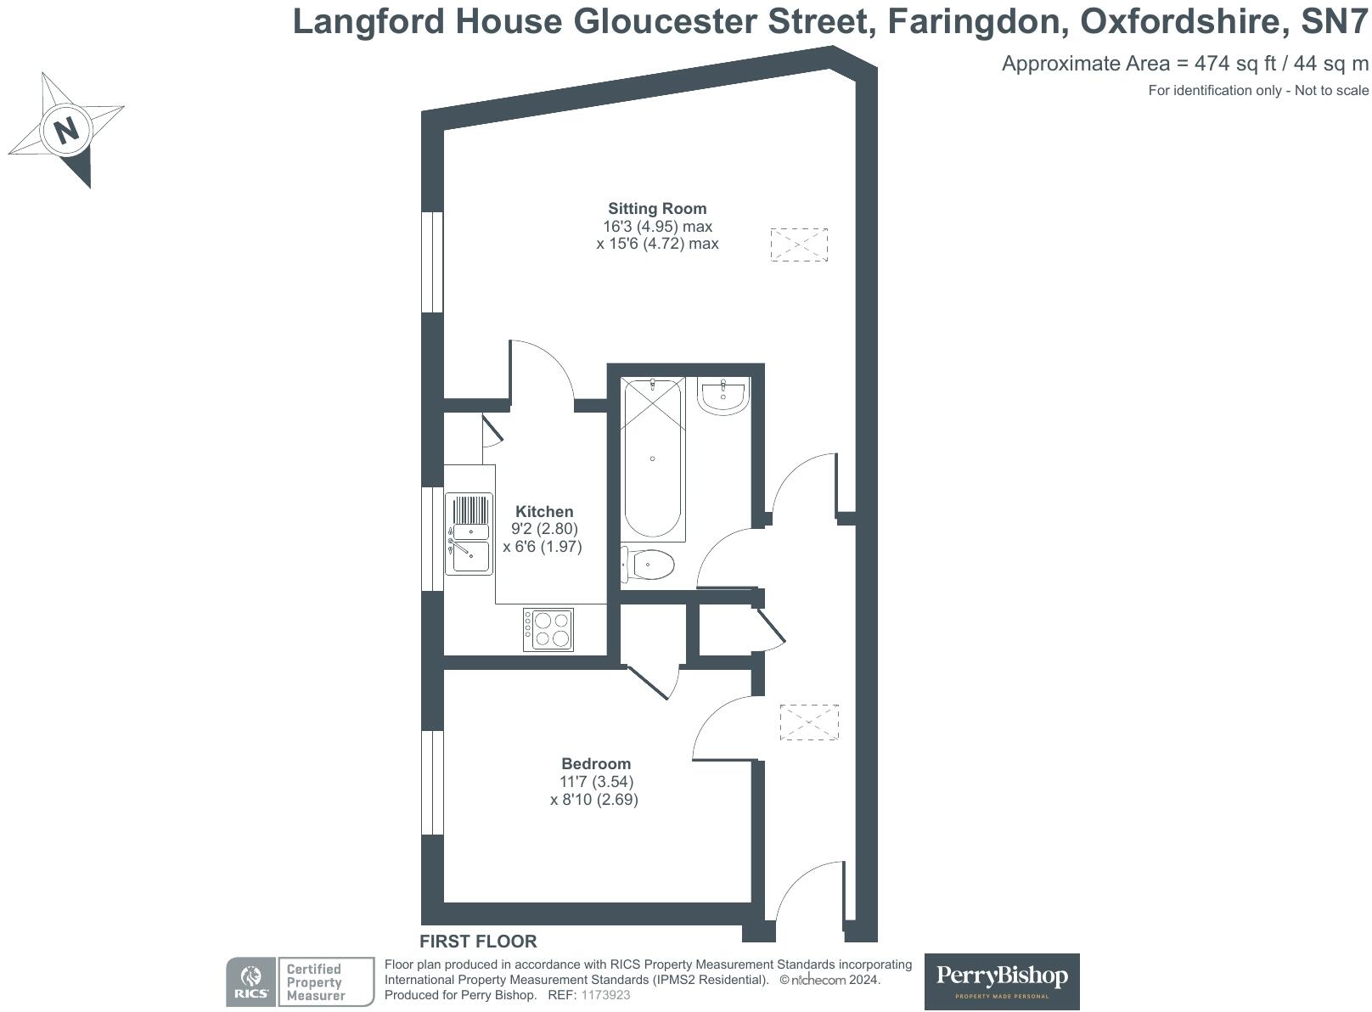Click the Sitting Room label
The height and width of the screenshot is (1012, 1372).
[656, 208]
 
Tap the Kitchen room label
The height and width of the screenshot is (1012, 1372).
[544, 511]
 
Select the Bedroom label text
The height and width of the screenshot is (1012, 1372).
[595, 763]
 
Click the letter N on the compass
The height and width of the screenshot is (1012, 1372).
[66, 130]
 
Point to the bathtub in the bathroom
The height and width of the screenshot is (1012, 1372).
[652, 458]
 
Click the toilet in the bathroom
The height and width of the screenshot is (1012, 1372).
[649, 564]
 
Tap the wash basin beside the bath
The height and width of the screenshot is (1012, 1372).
[723, 396]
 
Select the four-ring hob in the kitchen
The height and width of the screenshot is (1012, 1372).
[548, 630]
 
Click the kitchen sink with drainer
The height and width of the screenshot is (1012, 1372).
[469, 533]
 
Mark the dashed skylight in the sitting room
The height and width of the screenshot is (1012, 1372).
[798, 245]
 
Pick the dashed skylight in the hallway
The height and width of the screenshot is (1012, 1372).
[808, 722]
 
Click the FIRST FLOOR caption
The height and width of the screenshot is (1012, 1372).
[478, 941]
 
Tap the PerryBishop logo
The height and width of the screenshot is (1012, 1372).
[1001, 981]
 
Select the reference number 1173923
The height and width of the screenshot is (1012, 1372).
[605, 995]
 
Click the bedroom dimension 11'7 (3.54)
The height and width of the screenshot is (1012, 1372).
[595, 781]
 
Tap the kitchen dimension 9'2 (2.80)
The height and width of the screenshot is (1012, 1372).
[544, 529]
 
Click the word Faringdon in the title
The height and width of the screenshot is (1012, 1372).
[976, 21]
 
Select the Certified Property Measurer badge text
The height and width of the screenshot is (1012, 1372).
[315, 982]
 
